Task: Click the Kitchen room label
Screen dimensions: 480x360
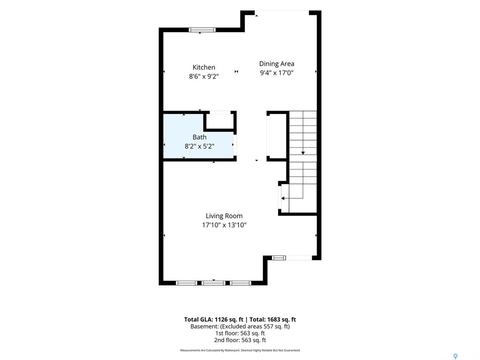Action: point(204,67)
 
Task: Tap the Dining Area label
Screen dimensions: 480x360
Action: point(277,64)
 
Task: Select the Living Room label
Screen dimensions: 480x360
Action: point(224,216)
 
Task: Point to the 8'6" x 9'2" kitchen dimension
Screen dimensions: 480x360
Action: point(204,76)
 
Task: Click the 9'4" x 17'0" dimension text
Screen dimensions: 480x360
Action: point(277,73)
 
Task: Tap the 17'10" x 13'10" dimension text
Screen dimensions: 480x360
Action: point(224,225)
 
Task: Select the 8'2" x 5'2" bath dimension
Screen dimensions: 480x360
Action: point(199,146)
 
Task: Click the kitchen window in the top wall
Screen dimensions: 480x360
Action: point(202,30)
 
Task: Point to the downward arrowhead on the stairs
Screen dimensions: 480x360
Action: point(303,153)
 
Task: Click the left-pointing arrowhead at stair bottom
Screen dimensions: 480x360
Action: point(283,198)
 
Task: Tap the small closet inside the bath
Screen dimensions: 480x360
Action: point(219,121)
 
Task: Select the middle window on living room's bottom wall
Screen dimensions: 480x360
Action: point(213,283)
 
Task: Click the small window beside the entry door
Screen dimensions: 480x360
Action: point(278,258)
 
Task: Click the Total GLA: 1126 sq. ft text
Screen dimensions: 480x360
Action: point(214,320)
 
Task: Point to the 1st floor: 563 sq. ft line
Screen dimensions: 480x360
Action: point(240,333)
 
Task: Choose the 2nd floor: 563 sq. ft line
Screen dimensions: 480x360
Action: point(240,340)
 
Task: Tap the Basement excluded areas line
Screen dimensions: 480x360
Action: point(240,326)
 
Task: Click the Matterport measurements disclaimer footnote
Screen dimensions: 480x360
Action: point(240,350)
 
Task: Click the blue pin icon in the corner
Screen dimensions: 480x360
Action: point(456,356)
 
